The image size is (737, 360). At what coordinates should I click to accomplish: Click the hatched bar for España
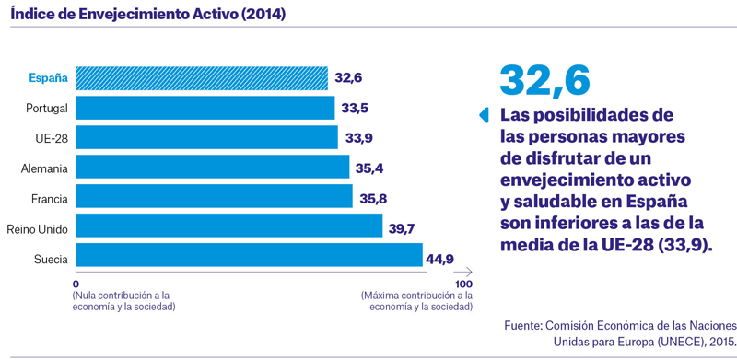[202, 78]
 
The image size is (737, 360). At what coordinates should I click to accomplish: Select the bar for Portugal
[205, 108]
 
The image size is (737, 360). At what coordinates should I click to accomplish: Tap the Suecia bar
[250, 255]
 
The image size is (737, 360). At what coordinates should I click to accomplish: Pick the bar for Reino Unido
[229, 226]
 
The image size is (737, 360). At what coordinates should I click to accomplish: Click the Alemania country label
[44, 169]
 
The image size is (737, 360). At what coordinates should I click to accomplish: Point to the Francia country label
[50, 199]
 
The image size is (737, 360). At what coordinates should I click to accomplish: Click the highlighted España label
[49, 78]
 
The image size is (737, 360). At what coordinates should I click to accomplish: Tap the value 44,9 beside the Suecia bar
[439, 259]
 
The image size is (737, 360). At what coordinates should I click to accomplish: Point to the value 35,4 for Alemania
[369, 168]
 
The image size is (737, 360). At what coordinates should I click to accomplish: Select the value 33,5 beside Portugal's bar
[355, 109]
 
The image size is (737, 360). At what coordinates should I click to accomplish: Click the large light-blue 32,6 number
[544, 81]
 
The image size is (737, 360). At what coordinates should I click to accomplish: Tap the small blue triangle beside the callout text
[485, 115]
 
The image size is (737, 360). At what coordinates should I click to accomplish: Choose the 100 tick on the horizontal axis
[464, 285]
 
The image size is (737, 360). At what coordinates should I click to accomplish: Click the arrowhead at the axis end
[469, 272]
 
